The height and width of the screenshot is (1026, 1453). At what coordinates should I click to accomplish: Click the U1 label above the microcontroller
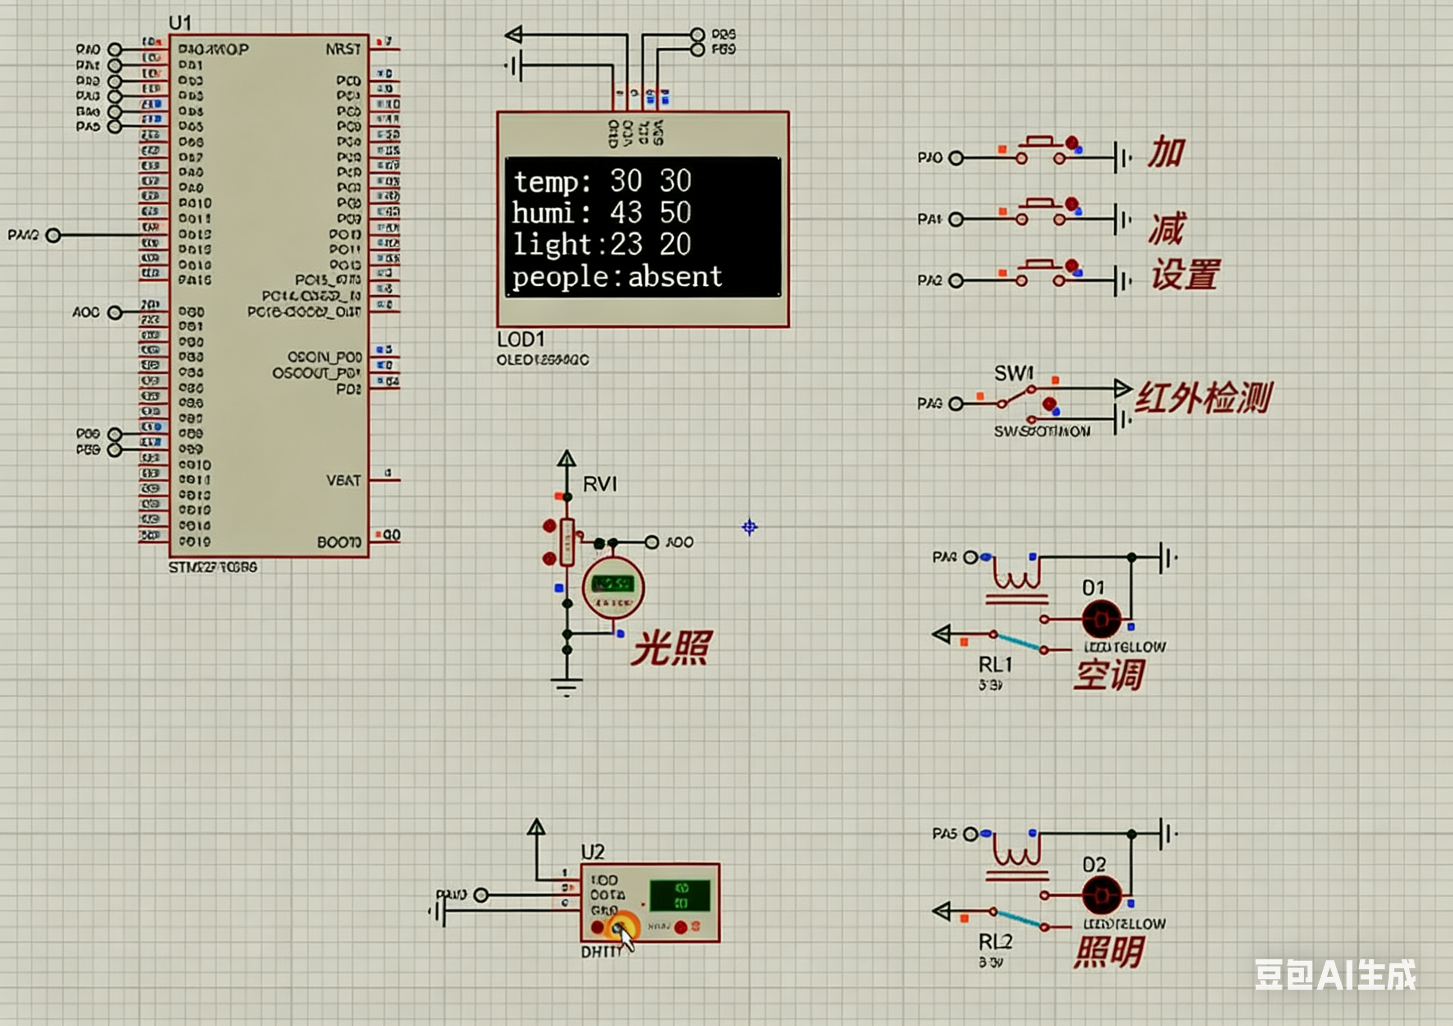click(180, 23)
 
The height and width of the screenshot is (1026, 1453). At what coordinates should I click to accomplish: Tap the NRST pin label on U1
click(343, 49)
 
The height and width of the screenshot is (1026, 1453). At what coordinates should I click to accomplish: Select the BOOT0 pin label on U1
click(339, 543)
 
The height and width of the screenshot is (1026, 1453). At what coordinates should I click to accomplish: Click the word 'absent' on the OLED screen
click(675, 277)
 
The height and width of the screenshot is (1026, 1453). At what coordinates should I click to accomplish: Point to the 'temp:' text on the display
click(552, 182)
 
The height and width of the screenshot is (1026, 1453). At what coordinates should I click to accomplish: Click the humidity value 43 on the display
click(626, 213)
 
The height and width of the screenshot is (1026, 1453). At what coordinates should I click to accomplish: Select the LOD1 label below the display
click(520, 340)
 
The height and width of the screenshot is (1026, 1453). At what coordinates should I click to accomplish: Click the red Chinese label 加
click(1166, 153)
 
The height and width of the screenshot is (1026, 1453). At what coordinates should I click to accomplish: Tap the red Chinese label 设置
click(1185, 275)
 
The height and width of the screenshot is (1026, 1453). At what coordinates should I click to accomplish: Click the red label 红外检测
click(1203, 398)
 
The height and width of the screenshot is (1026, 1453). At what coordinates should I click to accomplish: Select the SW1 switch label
click(1014, 373)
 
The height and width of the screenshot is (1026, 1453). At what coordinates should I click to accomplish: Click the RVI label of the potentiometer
click(599, 485)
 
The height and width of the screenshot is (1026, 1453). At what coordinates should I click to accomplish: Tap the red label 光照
click(672, 649)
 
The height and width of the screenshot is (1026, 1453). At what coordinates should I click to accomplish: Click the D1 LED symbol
click(1101, 619)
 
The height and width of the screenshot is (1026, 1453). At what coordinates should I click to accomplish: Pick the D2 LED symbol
click(1101, 895)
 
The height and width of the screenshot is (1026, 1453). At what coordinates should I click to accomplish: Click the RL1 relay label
click(995, 665)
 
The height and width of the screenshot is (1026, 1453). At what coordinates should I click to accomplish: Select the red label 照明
click(1109, 952)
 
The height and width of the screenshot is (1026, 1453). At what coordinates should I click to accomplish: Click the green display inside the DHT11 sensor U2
click(681, 895)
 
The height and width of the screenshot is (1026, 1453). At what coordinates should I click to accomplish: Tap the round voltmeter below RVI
click(613, 588)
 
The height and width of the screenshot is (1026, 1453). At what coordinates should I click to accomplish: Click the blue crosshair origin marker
click(749, 527)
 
